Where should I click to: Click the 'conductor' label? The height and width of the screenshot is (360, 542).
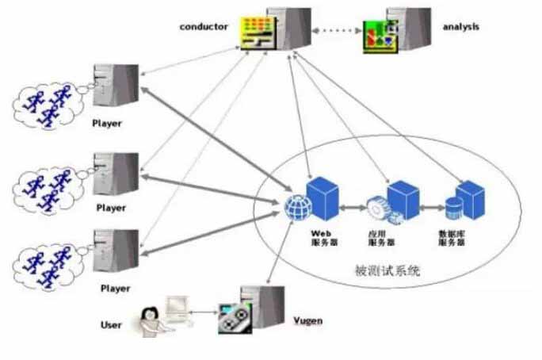[x=204, y=26]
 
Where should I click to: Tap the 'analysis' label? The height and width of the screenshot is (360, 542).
[x=461, y=27]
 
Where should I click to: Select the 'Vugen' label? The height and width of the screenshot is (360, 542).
[x=308, y=321]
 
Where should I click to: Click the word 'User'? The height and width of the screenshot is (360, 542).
[x=112, y=324]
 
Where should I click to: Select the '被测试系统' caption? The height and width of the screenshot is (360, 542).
[x=387, y=270]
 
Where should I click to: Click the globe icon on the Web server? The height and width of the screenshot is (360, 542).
[x=297, y=208]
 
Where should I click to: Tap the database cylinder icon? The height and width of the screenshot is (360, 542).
[x=453, y=208]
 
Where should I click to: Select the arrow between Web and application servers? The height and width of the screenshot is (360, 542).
[x=353, y=209]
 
